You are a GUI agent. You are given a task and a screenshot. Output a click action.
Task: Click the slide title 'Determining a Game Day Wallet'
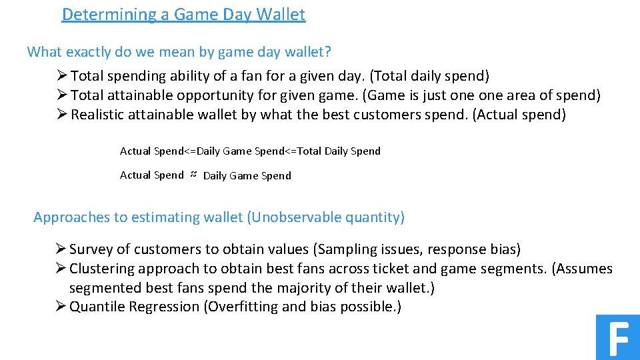(x=183, y=14)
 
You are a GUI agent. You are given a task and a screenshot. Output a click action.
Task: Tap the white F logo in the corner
(x=618, y=338)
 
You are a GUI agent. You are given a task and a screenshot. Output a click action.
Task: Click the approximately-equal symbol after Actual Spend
(x=193, y=175)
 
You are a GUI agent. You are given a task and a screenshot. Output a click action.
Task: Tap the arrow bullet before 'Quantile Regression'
(x=61, y=307)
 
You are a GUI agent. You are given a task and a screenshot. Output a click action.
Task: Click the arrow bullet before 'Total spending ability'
(x=63, y=76)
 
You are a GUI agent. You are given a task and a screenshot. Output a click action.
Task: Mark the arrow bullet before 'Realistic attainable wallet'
(x=63, y=115)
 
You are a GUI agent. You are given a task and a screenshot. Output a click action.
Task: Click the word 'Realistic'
(x=99, y=115)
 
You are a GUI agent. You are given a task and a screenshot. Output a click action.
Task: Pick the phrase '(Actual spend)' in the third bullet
(x=519, y=115)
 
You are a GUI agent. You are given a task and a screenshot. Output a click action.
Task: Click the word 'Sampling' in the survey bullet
(x=345, y=249)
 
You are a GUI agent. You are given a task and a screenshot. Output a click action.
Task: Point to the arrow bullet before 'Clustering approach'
(x=61, y=269)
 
